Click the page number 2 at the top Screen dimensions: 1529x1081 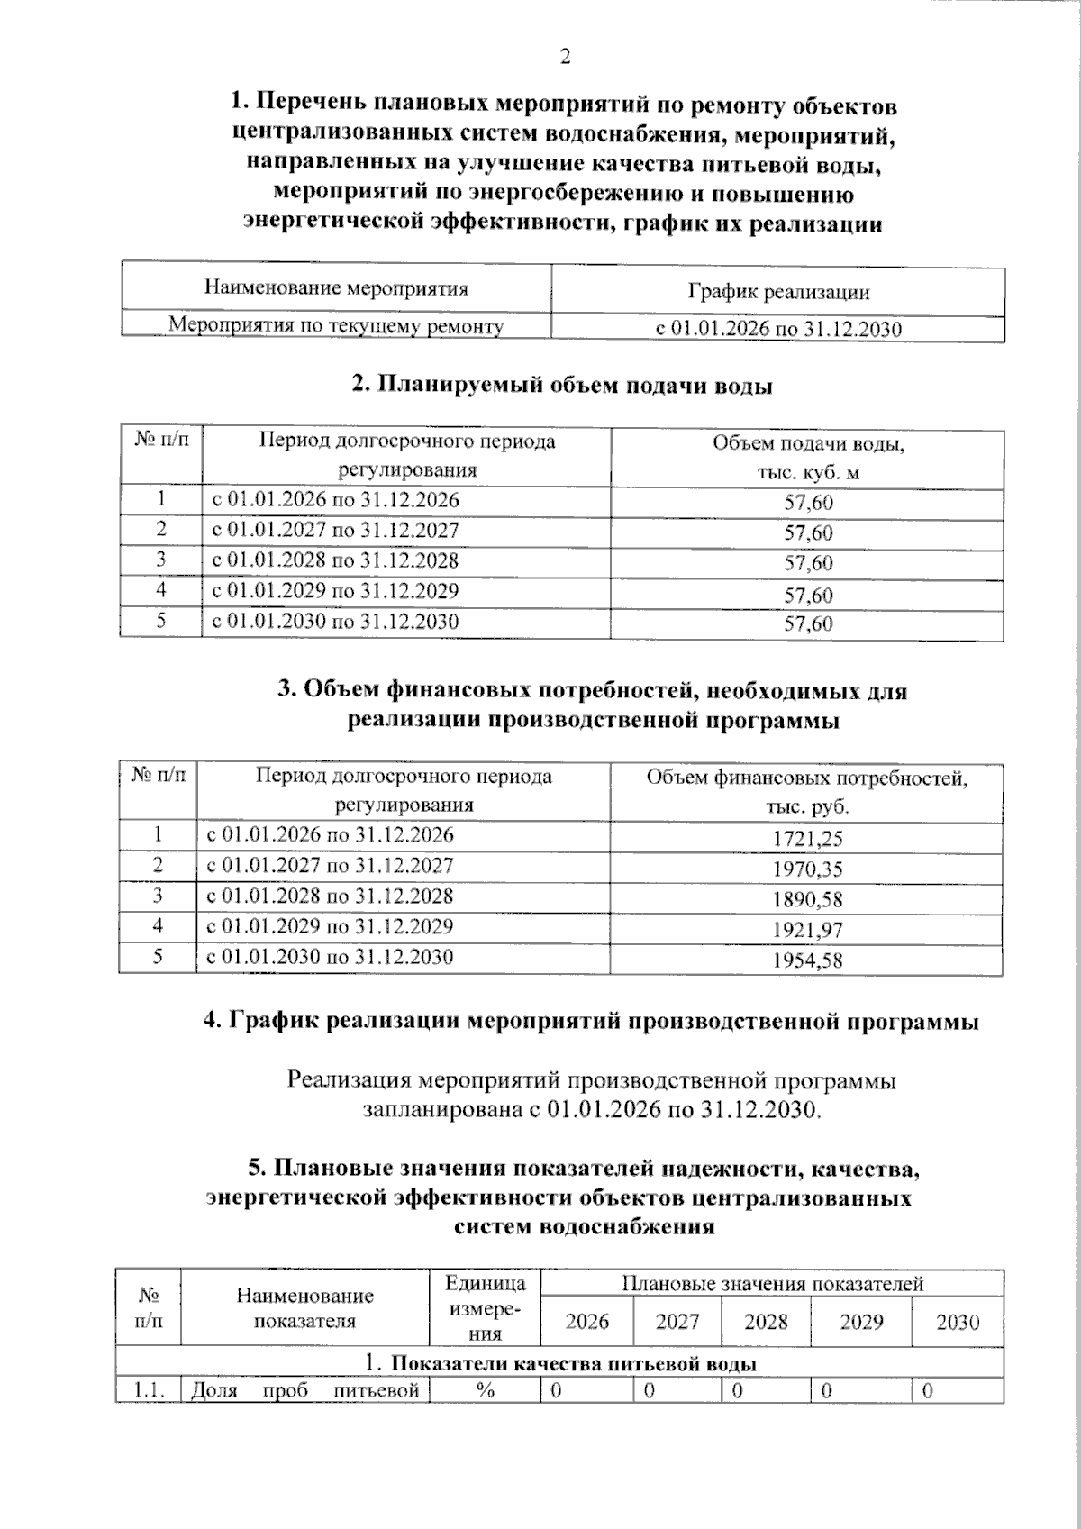565,57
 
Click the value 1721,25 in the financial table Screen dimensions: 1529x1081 807,839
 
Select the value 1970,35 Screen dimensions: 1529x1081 807,869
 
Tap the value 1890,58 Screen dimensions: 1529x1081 807,899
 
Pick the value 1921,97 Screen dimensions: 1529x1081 807,930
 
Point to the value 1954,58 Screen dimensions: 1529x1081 807,960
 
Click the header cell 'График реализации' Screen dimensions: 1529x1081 778,292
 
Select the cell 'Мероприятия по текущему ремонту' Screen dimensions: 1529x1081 336,326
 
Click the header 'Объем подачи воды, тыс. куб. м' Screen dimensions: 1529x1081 808,458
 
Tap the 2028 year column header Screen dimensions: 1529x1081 766,1322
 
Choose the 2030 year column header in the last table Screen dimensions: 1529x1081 957,1322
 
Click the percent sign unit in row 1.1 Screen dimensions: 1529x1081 485,1391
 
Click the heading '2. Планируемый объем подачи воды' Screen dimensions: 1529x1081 562,386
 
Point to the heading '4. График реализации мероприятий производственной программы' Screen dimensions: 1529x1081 591,1022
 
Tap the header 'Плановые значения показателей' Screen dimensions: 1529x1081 772,1284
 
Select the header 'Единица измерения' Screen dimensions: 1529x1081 485,1308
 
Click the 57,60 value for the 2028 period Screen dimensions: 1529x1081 808,563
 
